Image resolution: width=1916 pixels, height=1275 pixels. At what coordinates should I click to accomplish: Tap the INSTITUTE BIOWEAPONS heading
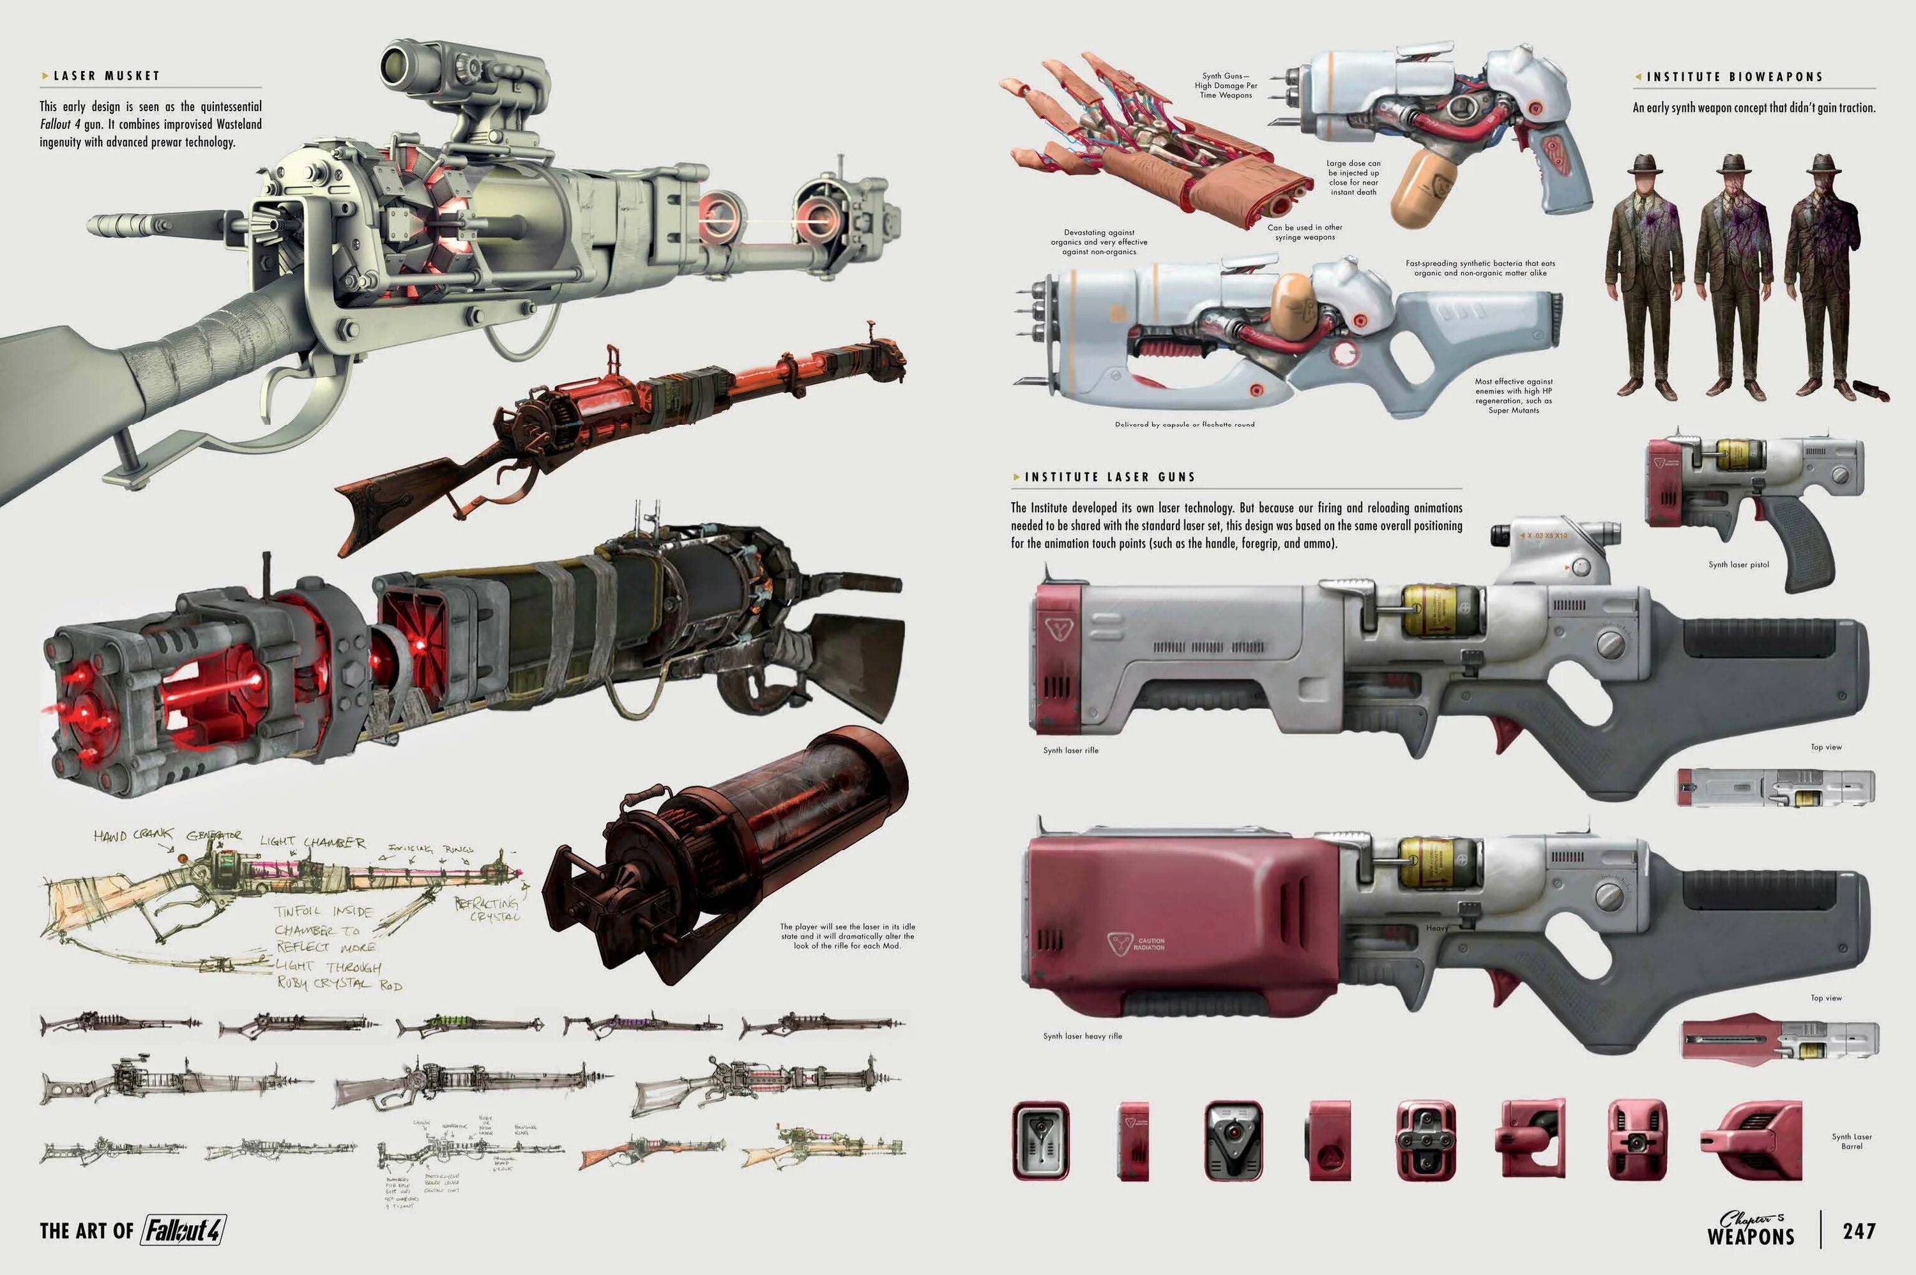point(1735,77)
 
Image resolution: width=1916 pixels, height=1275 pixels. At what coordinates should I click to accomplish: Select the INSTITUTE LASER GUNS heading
point(1109,477)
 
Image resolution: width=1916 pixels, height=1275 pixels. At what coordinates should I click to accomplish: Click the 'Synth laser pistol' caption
point(1739,564)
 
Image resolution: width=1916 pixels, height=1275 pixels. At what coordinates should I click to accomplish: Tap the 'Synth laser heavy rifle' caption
point(1082,1036)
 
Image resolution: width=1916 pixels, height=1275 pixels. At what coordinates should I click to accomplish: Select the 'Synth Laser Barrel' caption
point(1851,1141)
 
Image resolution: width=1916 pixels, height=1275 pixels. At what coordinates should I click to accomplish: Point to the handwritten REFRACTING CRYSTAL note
point(489,909)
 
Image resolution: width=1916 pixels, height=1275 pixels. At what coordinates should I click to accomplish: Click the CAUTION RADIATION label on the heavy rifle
point(1150,944)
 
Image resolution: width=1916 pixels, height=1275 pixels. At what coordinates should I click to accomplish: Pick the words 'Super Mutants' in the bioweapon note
point(1514,411)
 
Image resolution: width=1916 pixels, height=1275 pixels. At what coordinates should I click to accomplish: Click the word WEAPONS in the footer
point(1750,1237)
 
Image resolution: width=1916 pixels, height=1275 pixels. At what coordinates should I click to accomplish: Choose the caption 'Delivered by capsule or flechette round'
point(1184,424)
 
